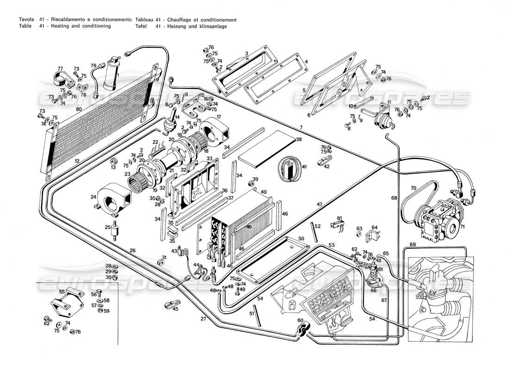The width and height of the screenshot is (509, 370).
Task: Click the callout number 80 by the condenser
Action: (x=79, y=109)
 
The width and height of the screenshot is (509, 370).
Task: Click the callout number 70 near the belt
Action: (x=413, y=188)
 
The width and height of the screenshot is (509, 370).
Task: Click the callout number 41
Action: (x=304, y=166)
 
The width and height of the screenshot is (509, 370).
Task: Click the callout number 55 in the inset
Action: (x=62, y=292)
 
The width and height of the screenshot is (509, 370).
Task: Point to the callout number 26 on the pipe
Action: (x=132, y=251)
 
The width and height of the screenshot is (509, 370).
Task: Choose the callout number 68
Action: (x=394, y=198)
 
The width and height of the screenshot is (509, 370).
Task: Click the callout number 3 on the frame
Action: (x=247, y=54)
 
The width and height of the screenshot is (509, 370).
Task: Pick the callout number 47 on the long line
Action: (x=319, y=204)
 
